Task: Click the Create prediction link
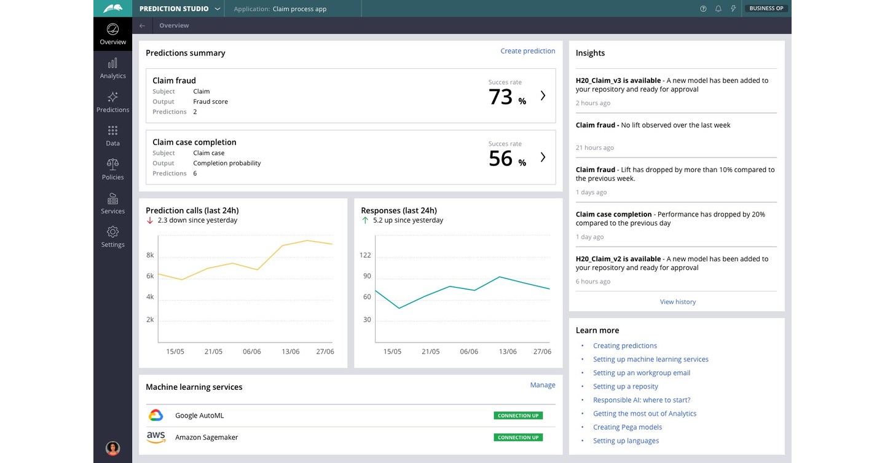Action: (x=527, y=51)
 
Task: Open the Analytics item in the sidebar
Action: (x=112, y=68)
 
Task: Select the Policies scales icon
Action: (x=112, y=164)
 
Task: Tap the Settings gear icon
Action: (x=112, y=232)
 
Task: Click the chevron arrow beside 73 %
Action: (x=543, y=95)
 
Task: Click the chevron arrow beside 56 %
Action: (x=543, y=157)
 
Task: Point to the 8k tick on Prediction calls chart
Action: (x=150, y=255)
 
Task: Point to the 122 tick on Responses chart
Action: (x=365, y=255)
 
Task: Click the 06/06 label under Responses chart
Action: (x=468, y=352)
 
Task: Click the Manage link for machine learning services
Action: (x=542, y=385)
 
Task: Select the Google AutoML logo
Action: (x=156, y=416)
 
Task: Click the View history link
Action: (x=677, y=302)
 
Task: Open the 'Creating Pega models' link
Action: (x=627, y=427)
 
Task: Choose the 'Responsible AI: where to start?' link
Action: (x=641, y=400)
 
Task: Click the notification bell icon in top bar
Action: (x=718, y=9)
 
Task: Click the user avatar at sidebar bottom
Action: (x=112, y=448)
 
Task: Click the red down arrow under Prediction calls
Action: (x=150, y=220)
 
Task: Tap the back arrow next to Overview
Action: (x=142, y=26)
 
